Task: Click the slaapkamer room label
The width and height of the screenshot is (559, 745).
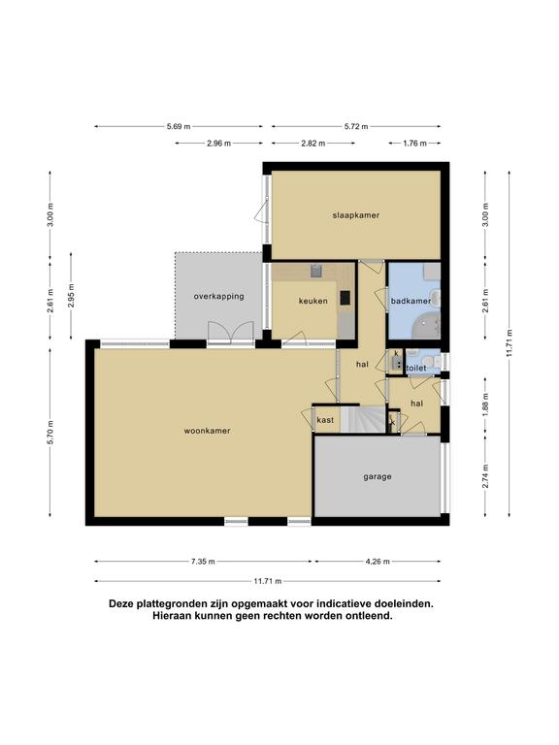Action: (355, 215)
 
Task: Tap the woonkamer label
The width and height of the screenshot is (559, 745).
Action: (208, 431)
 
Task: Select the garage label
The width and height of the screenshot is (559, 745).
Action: (378, 476)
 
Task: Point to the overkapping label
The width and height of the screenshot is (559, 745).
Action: (218, 297)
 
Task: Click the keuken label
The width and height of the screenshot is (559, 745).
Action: (312, 301)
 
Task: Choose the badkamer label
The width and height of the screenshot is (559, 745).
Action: (411, 301)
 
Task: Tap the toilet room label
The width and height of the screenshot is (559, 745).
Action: (416, 369)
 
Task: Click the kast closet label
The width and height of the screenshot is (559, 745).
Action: (325, 420)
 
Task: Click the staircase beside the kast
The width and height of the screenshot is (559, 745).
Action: (364, 419)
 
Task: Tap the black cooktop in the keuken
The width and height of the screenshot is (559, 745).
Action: (345, 298)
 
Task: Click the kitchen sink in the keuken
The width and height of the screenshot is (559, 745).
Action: (316, 272)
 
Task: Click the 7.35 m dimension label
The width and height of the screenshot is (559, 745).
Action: (203, 562)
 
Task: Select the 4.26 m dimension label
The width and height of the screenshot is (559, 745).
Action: (378, 562)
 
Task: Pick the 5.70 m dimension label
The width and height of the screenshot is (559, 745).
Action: (50, 433)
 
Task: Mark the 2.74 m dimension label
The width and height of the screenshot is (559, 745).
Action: (485, 476)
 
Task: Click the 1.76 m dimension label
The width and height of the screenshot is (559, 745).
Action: (414, 143)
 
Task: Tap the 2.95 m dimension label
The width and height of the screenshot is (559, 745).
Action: (71, 296)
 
